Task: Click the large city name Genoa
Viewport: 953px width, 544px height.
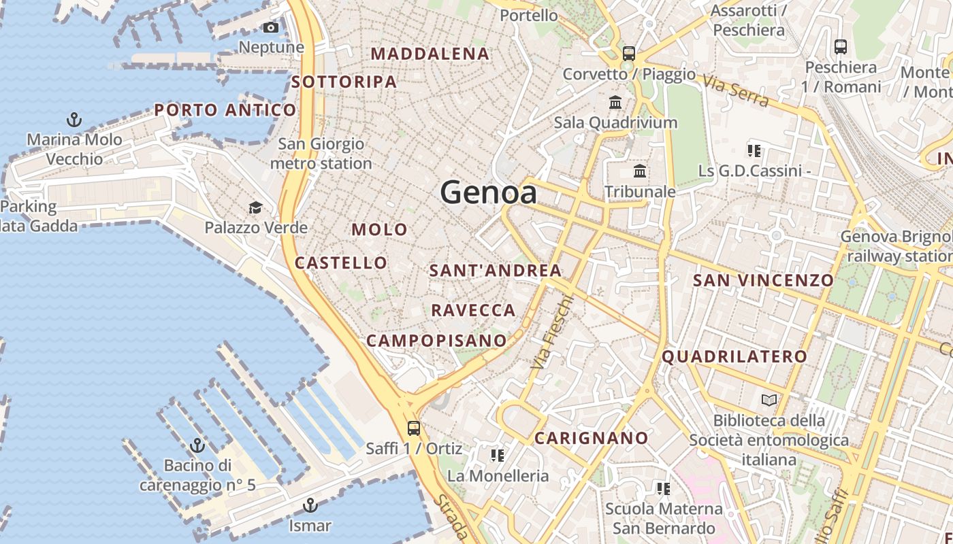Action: click(x=488, y=192)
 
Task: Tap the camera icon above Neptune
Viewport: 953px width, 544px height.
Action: click(x=271, y=27)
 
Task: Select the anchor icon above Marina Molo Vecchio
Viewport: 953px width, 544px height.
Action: click(x=74, y=120)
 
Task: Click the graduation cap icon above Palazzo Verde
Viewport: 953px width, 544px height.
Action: click(x=255, y=207)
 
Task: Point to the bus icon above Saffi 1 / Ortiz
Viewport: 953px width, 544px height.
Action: click(x=413, y=428)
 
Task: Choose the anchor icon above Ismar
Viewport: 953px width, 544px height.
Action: click(x=310, y=505)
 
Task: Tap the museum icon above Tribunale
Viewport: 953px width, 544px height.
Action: click(x=640, y=171)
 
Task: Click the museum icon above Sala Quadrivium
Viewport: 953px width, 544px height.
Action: click(x=615, y=103)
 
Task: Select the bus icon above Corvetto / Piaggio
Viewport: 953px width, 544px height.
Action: click(x=629, y=53)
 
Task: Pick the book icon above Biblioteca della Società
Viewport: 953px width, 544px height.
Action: click(x=769, y=400)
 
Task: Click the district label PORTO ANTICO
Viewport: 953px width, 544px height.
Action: click(x=225, y=109)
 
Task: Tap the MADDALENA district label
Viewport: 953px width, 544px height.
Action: click(x=430, y=54)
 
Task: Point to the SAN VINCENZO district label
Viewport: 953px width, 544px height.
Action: click(x=762, y=280)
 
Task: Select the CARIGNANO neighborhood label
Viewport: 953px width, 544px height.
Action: click(x=591, y=438)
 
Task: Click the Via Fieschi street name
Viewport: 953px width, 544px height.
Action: click(x=552, y=333)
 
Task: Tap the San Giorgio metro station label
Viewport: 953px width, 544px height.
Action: click(x=321, y=154)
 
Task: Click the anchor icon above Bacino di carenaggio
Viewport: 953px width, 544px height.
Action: click(x=197, y=445)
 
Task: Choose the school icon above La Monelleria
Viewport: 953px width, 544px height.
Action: click(x=498, y=455)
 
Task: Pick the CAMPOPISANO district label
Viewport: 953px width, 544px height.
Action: click(x=436, y=340)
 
